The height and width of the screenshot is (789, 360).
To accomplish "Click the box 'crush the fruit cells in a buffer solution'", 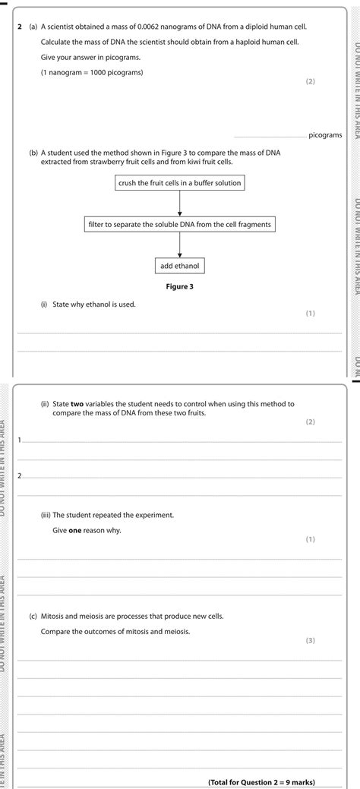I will (x=180, y=183).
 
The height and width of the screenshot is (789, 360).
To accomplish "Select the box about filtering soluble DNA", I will (x=180, y=225).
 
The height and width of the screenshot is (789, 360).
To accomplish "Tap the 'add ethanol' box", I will (x=180, y=267).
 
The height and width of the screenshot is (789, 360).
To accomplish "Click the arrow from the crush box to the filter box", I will (x=180, y=204).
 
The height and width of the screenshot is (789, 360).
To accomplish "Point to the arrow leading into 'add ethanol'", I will (x=180, y=245).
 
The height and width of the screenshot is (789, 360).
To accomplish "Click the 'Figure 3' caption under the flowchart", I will (x=180, y=286).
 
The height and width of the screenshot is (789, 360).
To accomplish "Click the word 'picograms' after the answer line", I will (x=325, y=135).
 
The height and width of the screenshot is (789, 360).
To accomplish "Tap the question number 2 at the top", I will (x=20, y=27).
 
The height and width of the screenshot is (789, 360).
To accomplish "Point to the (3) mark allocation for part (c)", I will (x=310, y=640).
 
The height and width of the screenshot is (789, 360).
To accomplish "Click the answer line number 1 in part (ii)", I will (x=21, y=440).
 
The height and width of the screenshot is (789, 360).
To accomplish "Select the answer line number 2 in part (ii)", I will (x=21, y=476).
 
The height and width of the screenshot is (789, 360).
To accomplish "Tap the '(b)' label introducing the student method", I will (x=33, y=153).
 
